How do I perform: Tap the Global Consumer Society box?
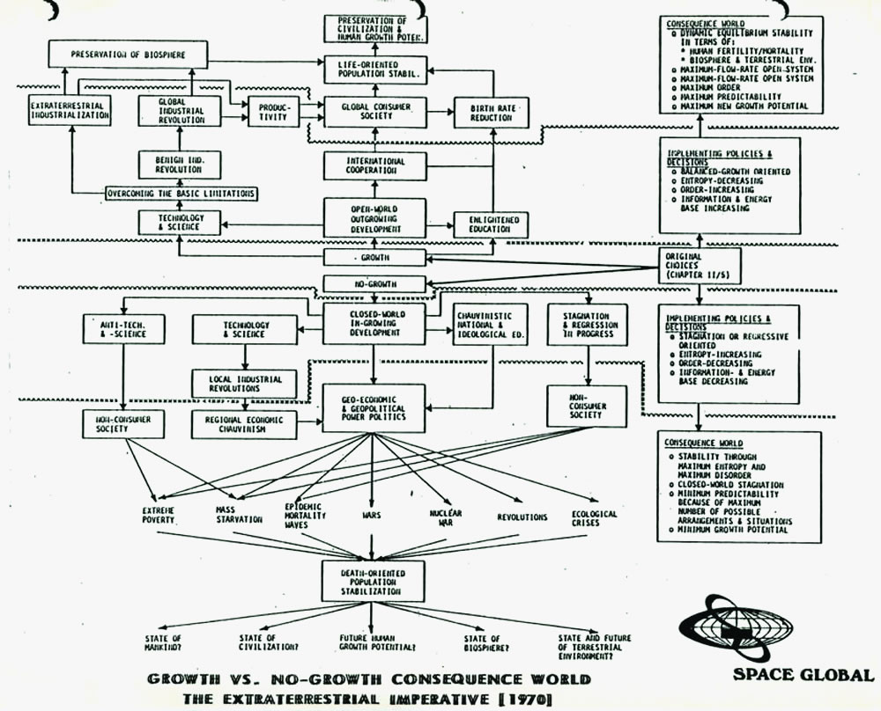tap(374, 110)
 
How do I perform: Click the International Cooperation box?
tap(375, 165)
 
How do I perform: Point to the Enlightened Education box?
tap(491, 224)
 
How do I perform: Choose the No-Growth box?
tap(374, 284)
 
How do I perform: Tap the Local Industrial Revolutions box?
tap(237, 384)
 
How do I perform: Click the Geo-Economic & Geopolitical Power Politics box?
tap(374, 408)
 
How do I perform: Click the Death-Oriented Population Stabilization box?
tap(374, 582)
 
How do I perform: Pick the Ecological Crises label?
tap(594, 517)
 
